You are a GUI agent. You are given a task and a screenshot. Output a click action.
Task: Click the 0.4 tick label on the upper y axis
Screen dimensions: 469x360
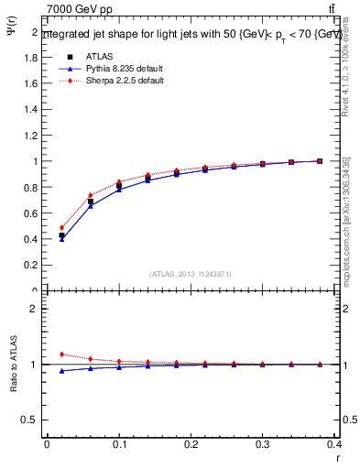(31, 239)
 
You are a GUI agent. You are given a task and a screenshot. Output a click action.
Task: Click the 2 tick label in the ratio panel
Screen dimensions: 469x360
(36, 309)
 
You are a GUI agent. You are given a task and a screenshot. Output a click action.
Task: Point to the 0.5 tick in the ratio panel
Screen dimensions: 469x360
(31, 420)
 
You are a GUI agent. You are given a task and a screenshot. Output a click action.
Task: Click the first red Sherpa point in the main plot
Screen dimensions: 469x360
(61, 228)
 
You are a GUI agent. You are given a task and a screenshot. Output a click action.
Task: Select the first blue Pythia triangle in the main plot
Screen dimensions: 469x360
(61, 239)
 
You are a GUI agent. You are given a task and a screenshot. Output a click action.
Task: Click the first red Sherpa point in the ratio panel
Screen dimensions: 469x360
(61, 354)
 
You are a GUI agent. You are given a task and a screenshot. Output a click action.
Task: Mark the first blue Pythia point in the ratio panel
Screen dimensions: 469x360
(61, 371)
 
